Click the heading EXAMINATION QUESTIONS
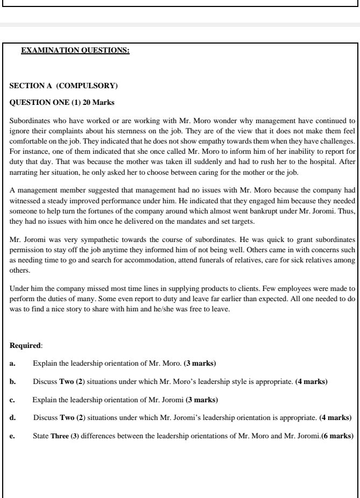[75, 52]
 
